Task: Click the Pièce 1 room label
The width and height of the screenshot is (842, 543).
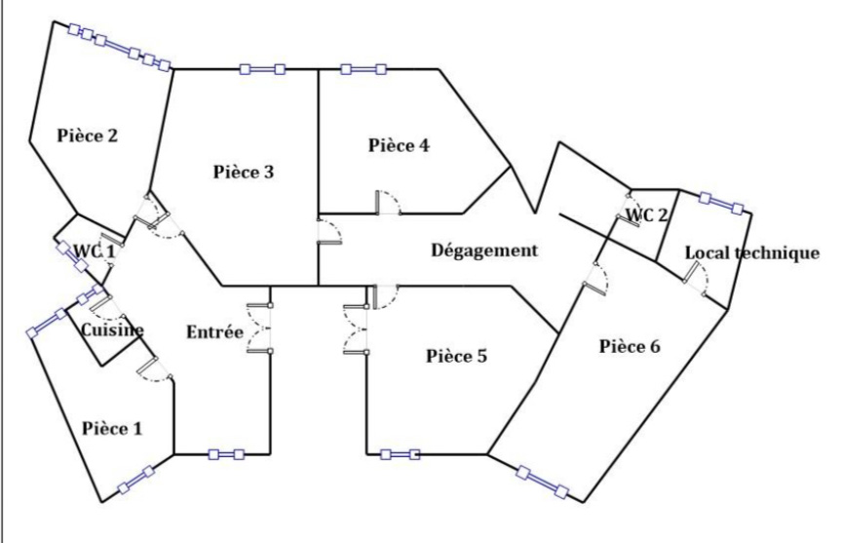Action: click(112, 429)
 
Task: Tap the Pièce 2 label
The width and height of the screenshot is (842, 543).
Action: click(87, 136)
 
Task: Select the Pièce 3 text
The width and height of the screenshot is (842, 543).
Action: click(244, 172)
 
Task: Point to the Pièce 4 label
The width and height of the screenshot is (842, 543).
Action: click(399, 145)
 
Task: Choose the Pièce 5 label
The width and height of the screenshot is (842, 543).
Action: click(456, 356)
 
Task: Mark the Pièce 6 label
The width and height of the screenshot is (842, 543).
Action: click(630, 346)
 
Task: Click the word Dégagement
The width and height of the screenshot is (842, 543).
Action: click(484, 251)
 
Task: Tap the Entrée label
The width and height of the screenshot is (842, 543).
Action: click(214, 331)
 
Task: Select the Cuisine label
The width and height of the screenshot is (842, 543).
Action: click(112, 330)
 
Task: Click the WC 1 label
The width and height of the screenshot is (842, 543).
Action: click(94, 251)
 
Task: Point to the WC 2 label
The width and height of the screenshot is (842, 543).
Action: click(647, 215)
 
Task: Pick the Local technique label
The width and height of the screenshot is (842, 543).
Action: click(752, 252)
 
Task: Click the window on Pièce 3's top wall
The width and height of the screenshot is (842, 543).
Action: click(262, 69)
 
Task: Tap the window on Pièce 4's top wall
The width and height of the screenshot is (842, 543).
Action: click(364, 69)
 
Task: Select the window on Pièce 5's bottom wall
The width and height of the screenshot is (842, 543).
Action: click(401, 455)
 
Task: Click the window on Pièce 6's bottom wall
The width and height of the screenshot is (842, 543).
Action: click(543, 483)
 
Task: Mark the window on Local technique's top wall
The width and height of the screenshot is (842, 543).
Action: click(721, 204)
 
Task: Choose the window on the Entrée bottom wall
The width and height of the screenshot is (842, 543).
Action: click(226, 455)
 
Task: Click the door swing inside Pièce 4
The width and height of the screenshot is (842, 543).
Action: click(388, 203)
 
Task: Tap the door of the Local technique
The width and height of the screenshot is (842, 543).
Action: click(696, 278)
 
